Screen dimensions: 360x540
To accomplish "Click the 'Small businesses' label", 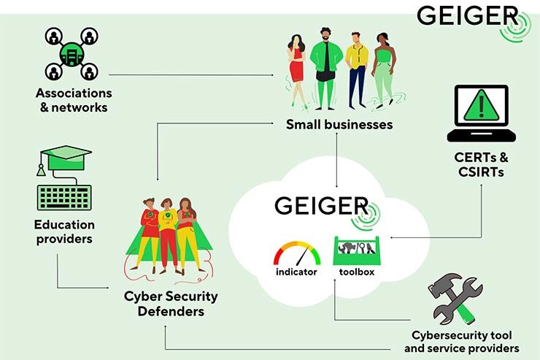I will (x=339, y=124).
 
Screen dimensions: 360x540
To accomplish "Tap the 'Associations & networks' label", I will (x=74, y=101).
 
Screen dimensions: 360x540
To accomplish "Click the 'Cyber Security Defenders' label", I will (x=170, y=304).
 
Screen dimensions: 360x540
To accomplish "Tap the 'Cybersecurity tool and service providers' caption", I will (x=461, y=342).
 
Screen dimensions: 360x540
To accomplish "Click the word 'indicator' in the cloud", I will (x=296, y=272).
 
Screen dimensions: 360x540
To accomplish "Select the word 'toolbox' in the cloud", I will (x=356, y=272).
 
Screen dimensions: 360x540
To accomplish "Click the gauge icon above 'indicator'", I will (x=296, y=253).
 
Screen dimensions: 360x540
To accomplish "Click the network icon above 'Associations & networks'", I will (x=72, y=54).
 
